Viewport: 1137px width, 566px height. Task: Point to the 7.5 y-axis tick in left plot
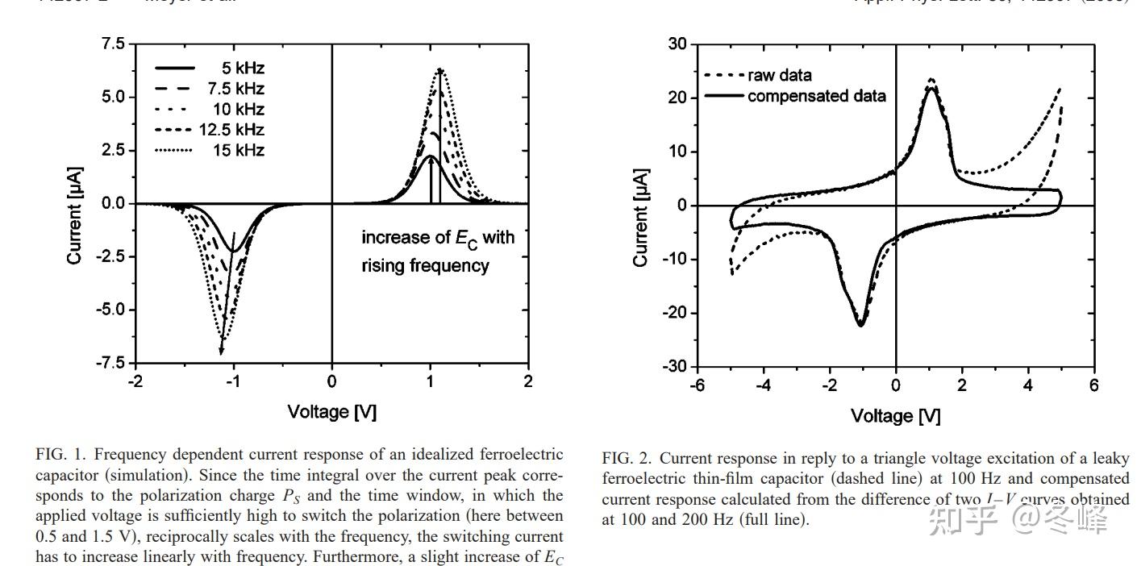[x=113, y=44]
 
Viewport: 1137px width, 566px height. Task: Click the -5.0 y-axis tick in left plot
[x=110, y=310]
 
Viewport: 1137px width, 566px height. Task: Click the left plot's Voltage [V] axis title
[x=331, y=412]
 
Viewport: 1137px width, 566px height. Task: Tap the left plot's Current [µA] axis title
[x=74, y=215]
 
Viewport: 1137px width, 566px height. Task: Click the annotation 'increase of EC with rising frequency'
[x=437, y=251]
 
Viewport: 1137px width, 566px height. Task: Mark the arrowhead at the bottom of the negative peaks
[x=222, y=349]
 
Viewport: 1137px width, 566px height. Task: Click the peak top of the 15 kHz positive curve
[x=440, y=69]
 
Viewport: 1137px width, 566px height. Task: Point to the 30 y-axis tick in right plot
[x=677, y=44]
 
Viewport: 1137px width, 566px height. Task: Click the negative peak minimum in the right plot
[x=860, y=325]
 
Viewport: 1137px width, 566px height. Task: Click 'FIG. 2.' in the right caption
[x=627, y=459]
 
